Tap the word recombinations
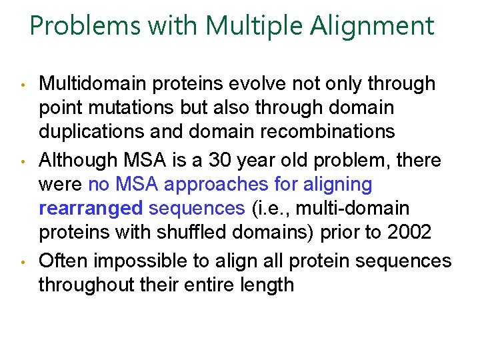[x=323, y=131]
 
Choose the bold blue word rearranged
[x=91, y=208]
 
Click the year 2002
[x=410, y=231]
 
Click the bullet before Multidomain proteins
[x=23, y=85]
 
